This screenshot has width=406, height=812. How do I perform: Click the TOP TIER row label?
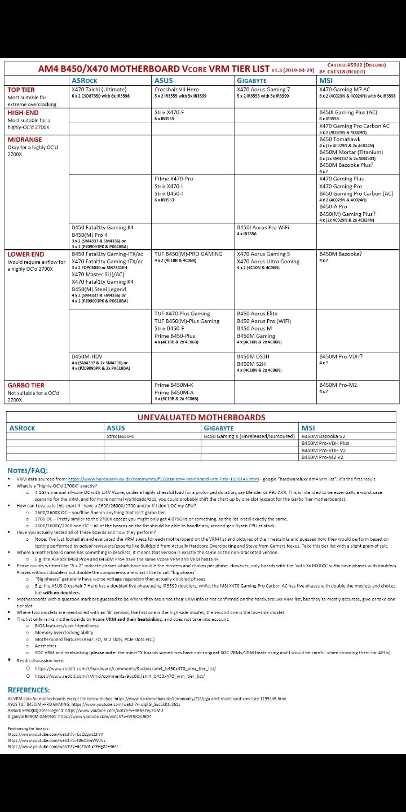(21, 90)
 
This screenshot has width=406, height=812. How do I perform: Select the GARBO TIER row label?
(26, 385)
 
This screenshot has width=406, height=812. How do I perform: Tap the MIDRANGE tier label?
(25, 139)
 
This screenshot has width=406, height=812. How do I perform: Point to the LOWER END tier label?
(26, 254)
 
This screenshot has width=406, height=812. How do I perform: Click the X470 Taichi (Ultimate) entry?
(99, 90)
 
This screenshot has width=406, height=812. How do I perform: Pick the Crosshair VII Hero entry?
(176, 90)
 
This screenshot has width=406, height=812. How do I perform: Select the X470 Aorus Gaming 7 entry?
(263, 90)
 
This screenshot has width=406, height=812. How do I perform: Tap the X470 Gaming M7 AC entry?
(345, 90)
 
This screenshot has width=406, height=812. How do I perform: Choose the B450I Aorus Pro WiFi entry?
(263, 227)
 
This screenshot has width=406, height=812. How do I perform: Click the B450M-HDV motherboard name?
(87, 356)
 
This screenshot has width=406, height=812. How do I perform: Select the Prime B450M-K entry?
(174, 385)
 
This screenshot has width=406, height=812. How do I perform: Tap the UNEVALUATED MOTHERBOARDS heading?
(201, 417)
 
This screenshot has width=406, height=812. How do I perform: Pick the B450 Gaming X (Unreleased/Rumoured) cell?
(249, 436)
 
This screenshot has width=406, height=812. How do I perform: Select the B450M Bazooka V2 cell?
(323, 436)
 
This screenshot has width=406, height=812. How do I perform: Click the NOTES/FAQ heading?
(28, 470)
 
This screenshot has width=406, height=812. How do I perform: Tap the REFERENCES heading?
(29, 689)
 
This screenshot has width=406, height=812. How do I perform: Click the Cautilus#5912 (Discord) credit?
(356, 65)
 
